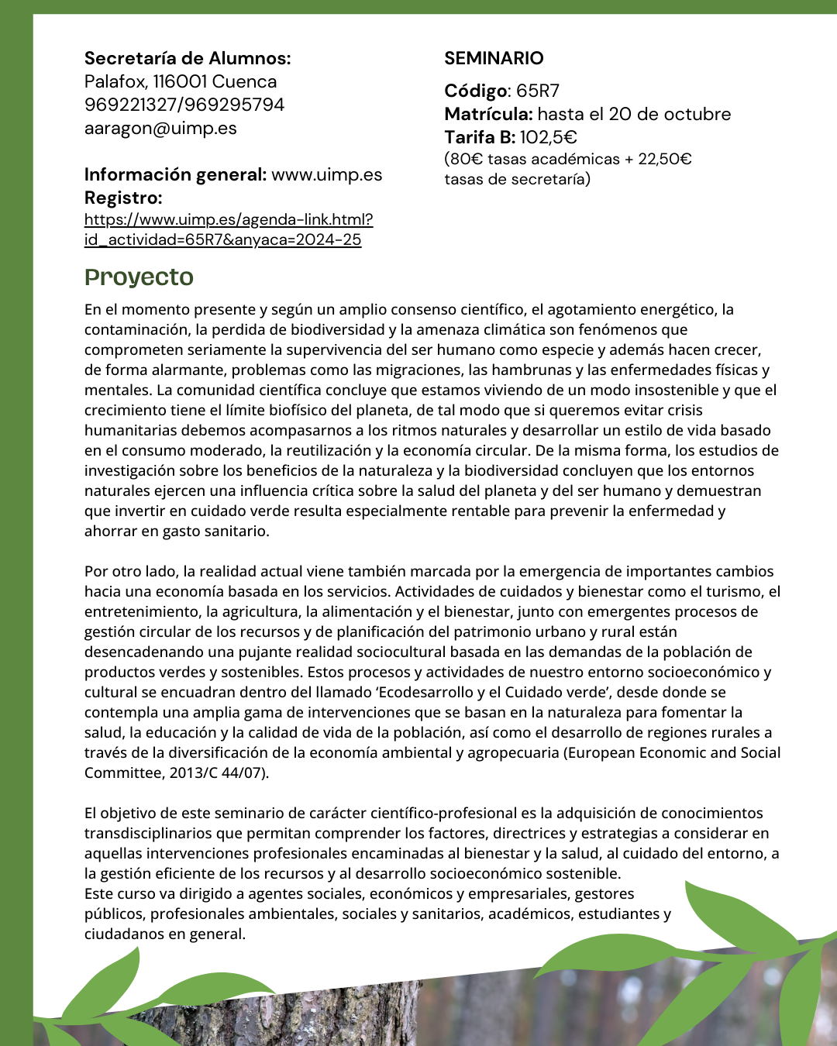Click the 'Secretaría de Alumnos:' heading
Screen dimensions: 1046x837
pyautogui.click(x=188, y=58)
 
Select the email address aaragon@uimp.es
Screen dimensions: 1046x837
pyautogui.click(x=160, y=128)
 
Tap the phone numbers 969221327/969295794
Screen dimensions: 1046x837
pyautogui.click(x=184, y=105)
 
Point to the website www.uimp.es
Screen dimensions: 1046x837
pyautogui.click(x=326, y=174)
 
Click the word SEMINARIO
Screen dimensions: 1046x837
pyautogui.click(x=494, y=58)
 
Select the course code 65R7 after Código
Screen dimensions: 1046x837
pyautogui.click(x=538, y=91)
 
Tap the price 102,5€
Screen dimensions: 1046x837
pyautogui.click(x=549, y=137)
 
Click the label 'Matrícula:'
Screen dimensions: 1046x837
pyautogui.click(x=488, y=114)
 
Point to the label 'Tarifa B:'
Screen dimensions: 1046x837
pyautogui.click(x=480, y=137)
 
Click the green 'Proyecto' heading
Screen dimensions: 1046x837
pyautogui.click(x=139, y=277)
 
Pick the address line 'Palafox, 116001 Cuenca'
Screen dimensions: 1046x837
pyautogui.click(x=181, y=81)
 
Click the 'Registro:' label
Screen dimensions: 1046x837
pyautogui.click(x=123, y=198)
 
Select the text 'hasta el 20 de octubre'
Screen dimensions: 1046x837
pyautogui.click(x=634, y=114)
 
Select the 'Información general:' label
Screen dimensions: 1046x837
pyautogui.click(x=175, y=174)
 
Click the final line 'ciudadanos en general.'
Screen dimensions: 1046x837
pyautogui.click(x=165, y=934)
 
